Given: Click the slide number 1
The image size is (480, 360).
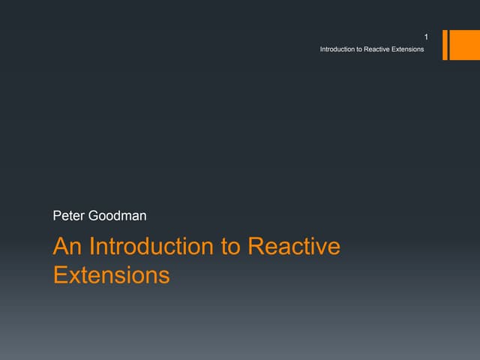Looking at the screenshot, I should click(x=426, y=37).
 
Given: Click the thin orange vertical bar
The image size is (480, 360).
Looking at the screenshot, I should click(x=445, y=45).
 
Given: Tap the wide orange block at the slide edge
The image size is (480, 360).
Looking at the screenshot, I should click(x=459, y=45).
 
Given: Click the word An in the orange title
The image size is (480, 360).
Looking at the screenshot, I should click(x=67, y=247).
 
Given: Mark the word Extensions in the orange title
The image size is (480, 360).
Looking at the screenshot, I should click(x=112, y=275).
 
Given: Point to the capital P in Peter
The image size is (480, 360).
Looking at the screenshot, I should click(x=58, y=217).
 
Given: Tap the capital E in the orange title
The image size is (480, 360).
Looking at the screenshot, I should click(x=60, y=275).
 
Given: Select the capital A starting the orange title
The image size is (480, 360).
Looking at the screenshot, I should click(x=61, y=247).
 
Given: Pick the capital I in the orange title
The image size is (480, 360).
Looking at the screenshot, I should click(x=92, y=247).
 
